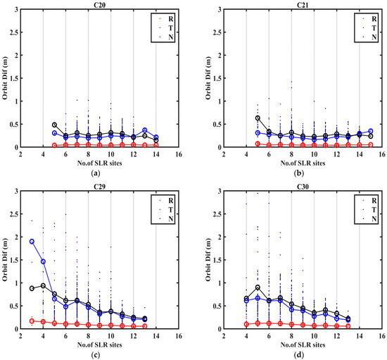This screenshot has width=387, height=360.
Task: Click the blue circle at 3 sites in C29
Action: coord(32,242)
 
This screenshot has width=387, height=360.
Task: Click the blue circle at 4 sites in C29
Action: coord(44,261)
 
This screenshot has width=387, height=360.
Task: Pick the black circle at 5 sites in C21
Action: coord(258,118)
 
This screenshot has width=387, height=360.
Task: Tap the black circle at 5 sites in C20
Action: coord(55,125)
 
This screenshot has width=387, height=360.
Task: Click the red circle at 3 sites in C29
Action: coord(32,321)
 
